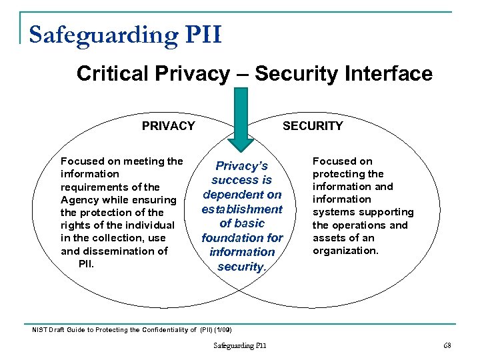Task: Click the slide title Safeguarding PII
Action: point(125,34)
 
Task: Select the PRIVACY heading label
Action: point(169,126)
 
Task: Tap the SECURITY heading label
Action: point(313,126)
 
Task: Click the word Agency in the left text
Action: point(80,200)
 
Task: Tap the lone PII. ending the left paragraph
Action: point(86,263)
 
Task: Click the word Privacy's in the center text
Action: point(241,166)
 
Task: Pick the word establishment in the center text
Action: point(242,209)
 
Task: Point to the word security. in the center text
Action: point(241,267)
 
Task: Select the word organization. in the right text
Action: point(345,251)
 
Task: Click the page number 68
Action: point(447,345)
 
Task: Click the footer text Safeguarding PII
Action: point(239,345)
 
